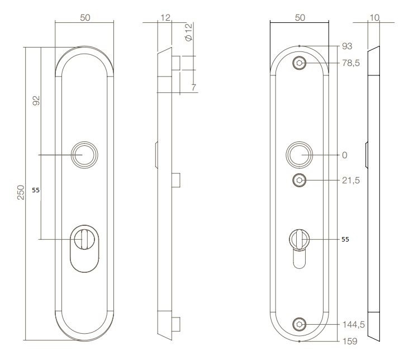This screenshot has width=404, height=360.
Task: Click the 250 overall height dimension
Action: [20, 195]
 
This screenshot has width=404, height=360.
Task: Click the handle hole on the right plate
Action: [299, 154]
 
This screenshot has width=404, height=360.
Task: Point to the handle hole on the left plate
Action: [85, 154]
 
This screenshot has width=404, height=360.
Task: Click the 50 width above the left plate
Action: [85, 18]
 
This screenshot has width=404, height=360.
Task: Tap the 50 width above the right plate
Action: [300, 18]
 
